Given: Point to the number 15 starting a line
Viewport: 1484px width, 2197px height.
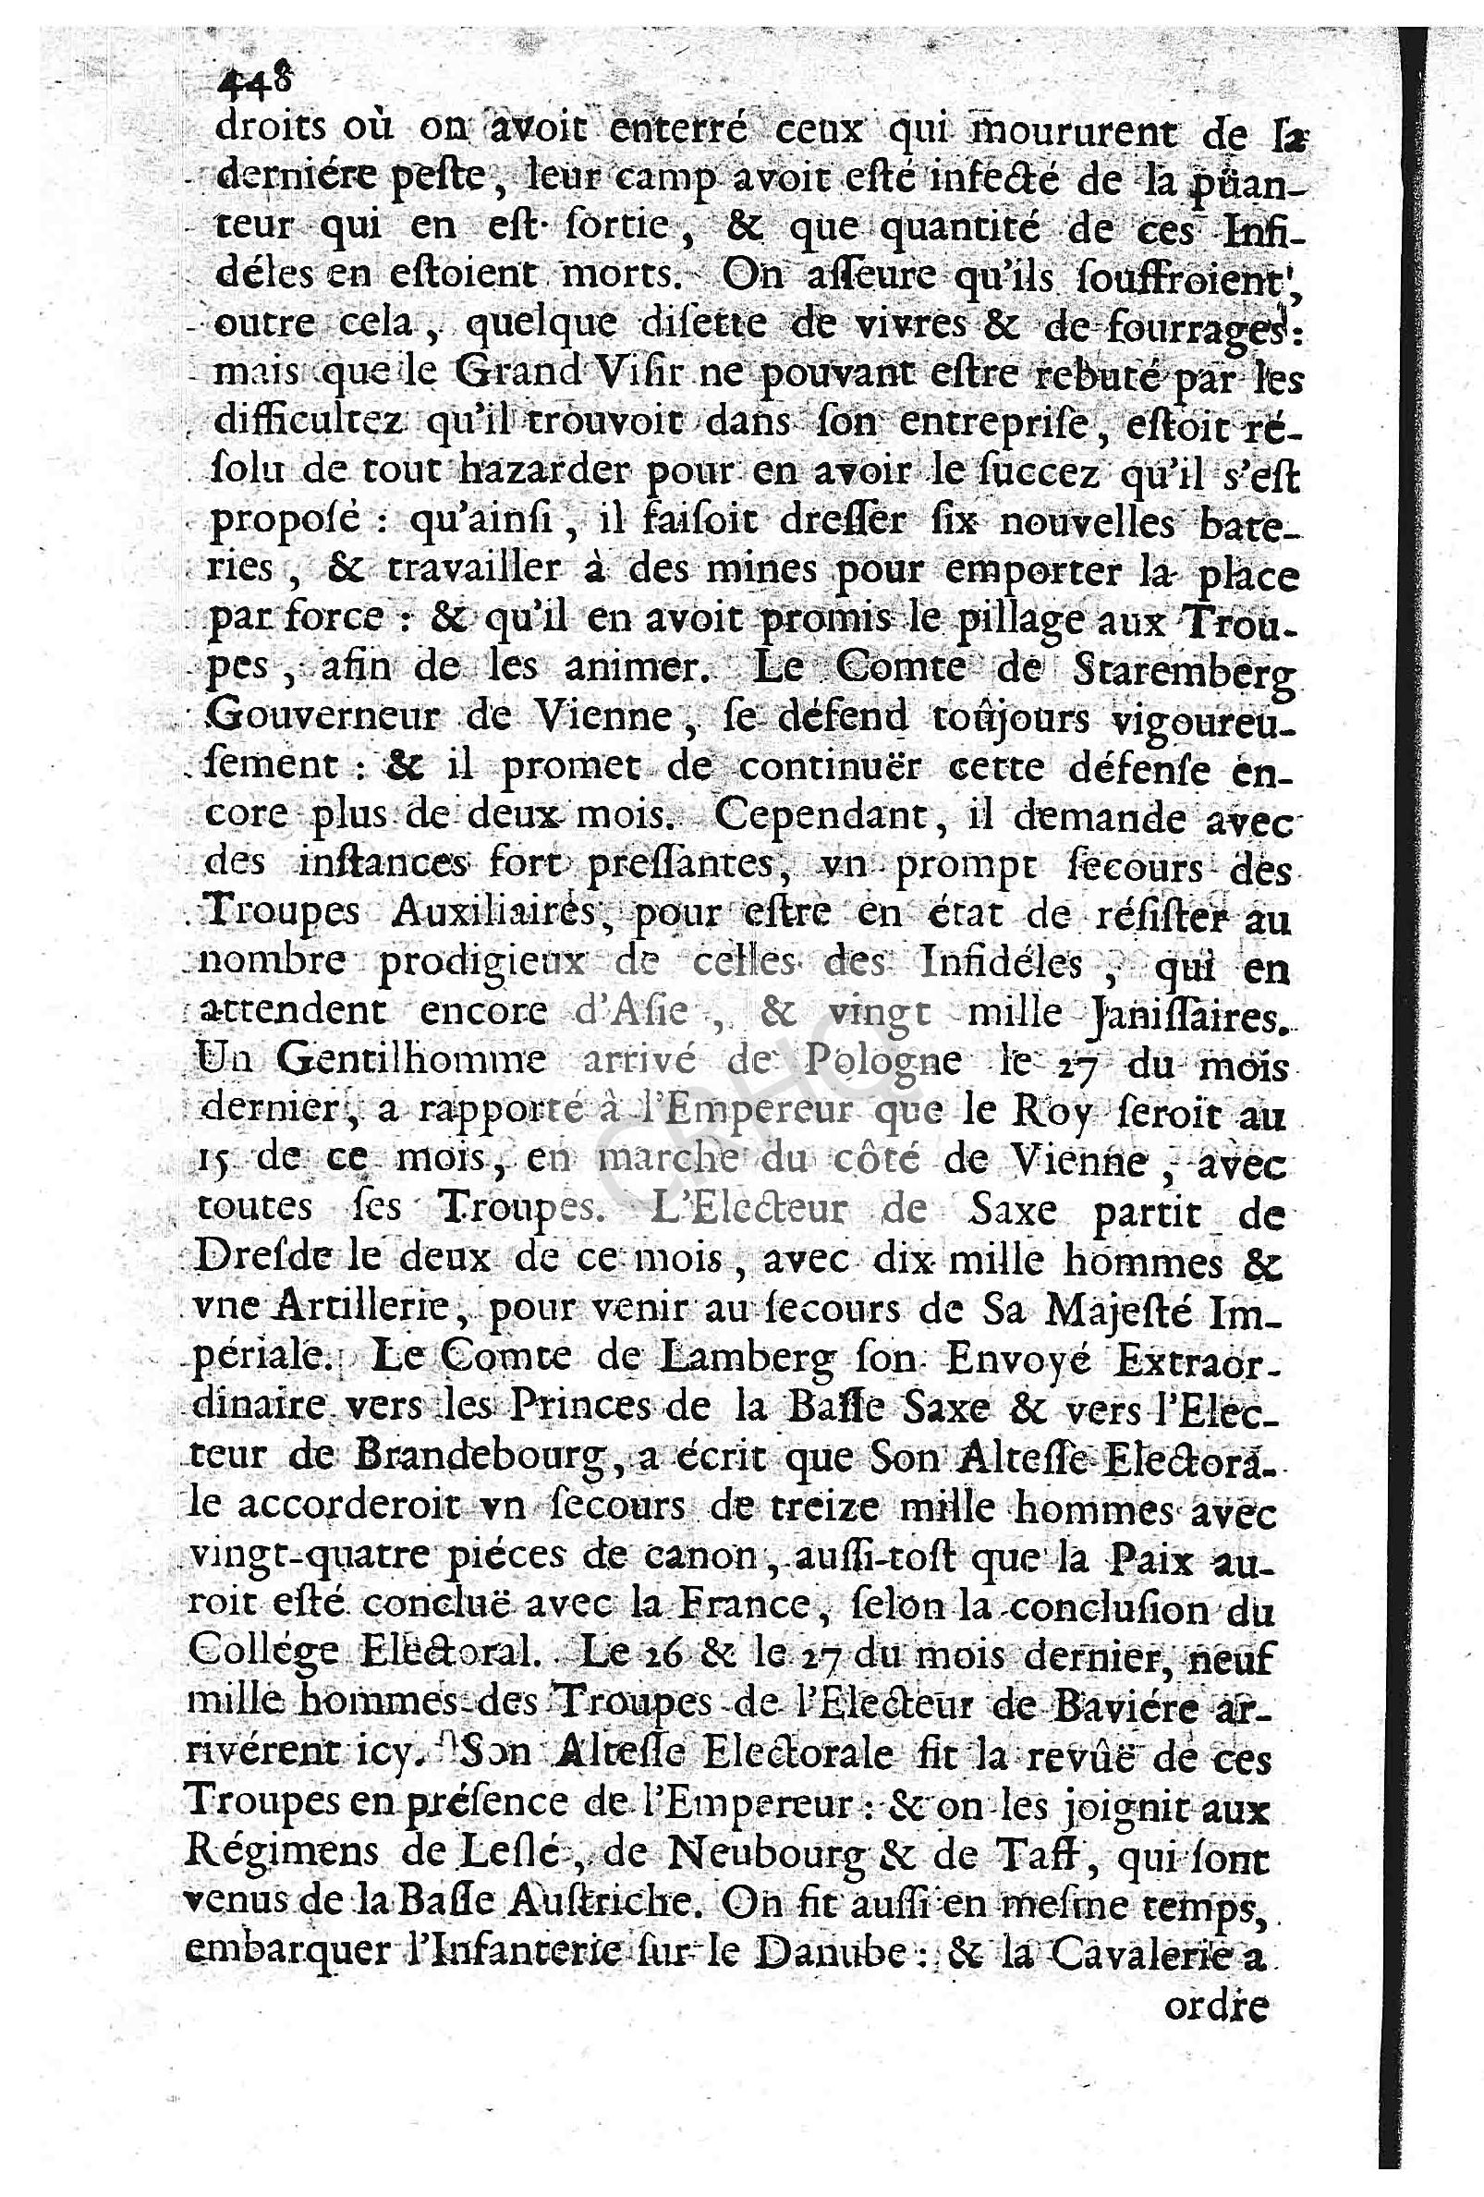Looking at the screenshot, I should click(216, 1161).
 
